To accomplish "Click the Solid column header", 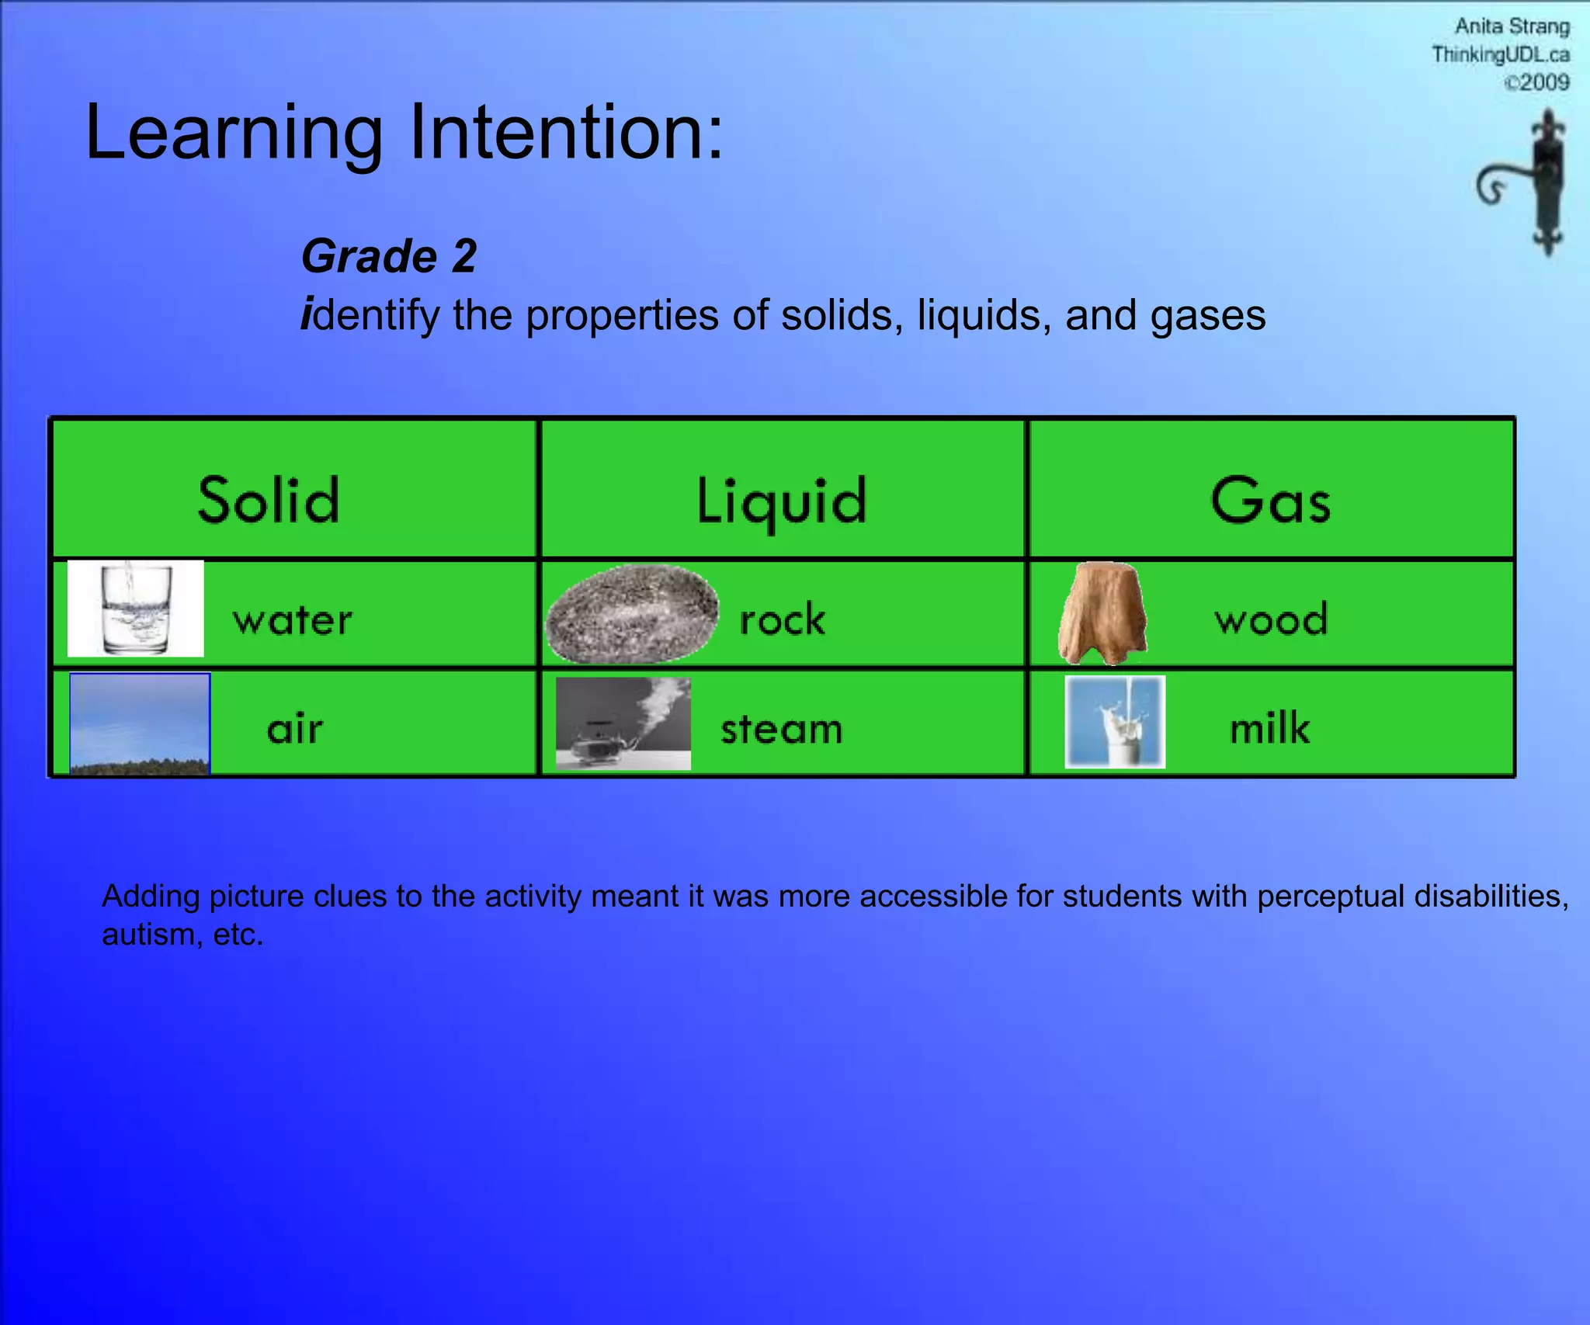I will click(x=269, y=500).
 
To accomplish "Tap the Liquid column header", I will click(x=781, y=501).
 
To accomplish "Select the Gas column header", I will click(x=1270, y=500).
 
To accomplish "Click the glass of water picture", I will click(x=136, y=609).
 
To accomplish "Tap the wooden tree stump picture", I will click(x=1103, y=613).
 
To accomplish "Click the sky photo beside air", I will click(x=140, y=723).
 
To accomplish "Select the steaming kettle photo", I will click(x=623, y=723).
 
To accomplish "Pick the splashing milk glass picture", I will click(x=1115, y=721).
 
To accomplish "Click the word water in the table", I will click(x=293, y=620).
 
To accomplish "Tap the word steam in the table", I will click(x=781, y=730).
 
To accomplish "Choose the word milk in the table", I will click(x=1269, y=728).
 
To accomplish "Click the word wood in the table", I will click(x=1271, y=619).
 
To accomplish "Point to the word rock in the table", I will click(x=782, y=620).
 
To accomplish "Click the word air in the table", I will click(x=294, y=729).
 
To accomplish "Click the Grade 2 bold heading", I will click(x=389, y=256).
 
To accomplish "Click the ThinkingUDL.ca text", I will click(x=1500, y=54).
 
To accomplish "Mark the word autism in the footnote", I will click(x=148, y=935).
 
